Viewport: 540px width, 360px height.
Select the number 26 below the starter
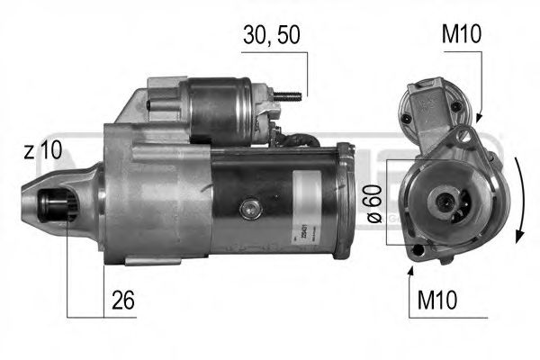(x=123, y=300)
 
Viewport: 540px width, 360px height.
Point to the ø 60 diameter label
(x=376, y=204)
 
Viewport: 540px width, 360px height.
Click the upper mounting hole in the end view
(x=463, y=137)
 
